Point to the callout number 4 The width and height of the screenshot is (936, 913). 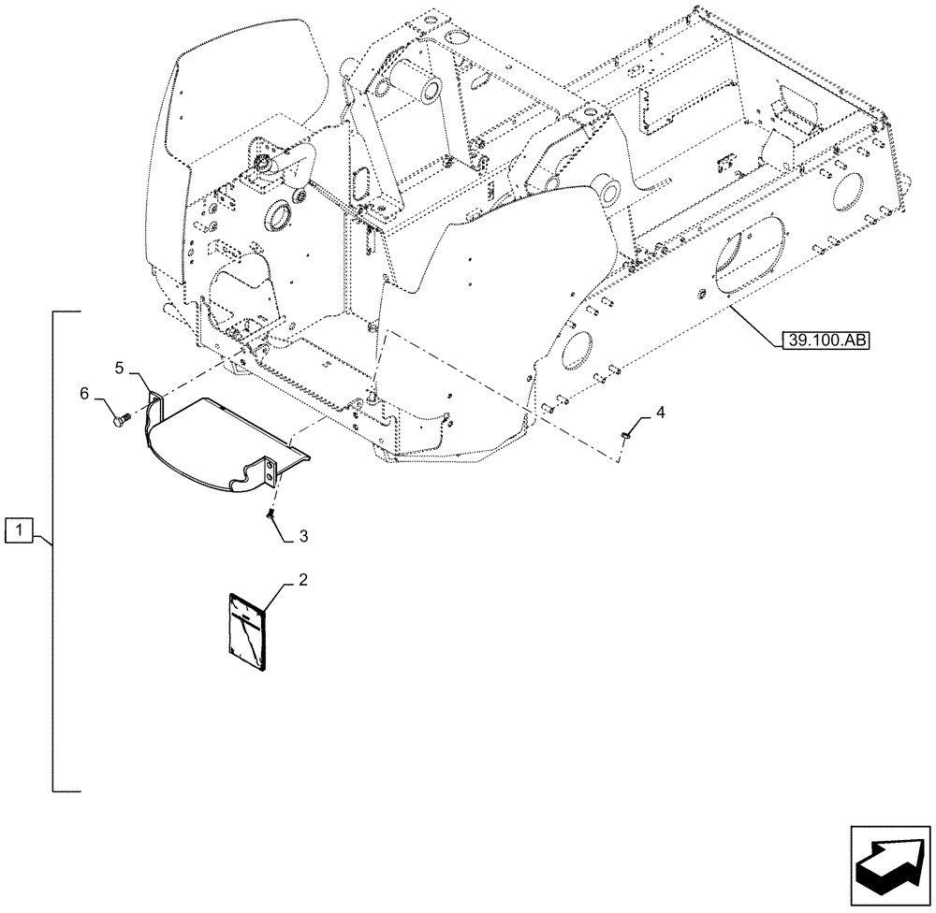tap(661, 412)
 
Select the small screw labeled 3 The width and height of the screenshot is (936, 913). tap(271, 512)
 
